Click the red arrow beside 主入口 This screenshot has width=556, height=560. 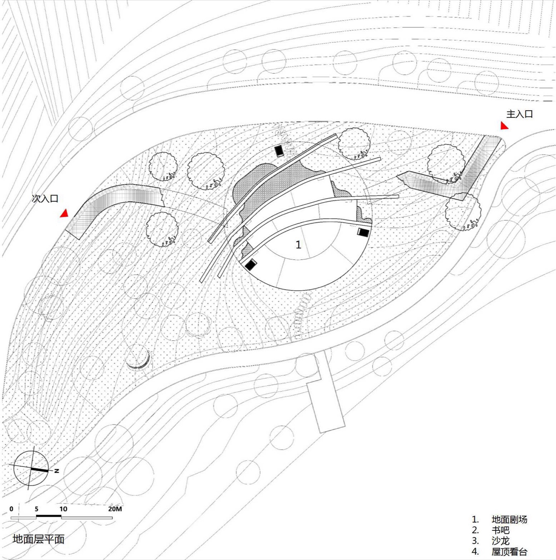[504, 126]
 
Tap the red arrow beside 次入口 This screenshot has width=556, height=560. [65, 213]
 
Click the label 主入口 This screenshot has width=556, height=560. [519, 114]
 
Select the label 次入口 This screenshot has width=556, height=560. [45, 198]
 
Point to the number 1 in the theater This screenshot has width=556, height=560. [298, 244]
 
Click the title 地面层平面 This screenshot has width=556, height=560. [38, 539]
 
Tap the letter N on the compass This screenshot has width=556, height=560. [57, 471]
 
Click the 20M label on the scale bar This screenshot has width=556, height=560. [115, 509]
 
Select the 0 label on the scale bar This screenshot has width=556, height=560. [12, 509]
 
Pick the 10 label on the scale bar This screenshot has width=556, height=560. [63, 509]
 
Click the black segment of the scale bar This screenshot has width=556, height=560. [48, 516]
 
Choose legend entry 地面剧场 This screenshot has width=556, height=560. [509, 519]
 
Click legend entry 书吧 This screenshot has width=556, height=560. [500, 530]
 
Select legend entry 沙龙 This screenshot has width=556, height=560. [500, 541]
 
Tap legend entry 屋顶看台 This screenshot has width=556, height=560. [509, 551]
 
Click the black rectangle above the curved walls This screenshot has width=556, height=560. [279, 151]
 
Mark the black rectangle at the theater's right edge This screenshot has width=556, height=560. [363, 232]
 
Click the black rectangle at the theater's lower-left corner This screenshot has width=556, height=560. [251, 264]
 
